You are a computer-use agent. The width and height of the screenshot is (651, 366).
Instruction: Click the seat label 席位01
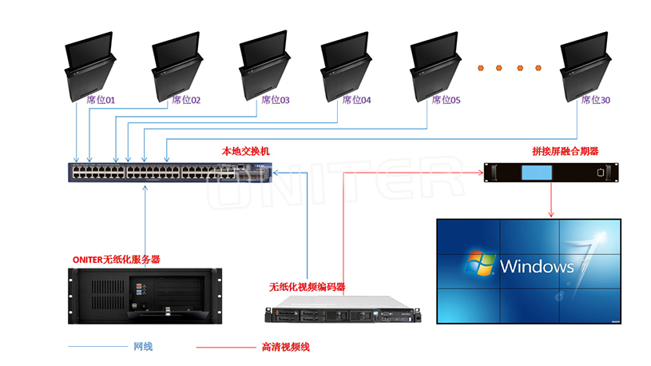click(101, 101)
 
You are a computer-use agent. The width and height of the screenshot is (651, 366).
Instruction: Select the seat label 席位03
click(275, 101)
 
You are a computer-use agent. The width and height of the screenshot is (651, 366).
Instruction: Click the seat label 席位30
click(595, 101)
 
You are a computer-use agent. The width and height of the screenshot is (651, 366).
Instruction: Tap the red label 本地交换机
click(246, 151)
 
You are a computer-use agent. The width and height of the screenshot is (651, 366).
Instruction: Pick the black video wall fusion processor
click(551, 173)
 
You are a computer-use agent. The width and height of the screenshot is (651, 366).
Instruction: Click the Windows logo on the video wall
click(478, 264)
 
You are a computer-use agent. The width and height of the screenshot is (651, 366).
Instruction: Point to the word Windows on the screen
click(536, 266)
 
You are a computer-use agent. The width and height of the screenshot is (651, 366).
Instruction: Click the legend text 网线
click(143, 346)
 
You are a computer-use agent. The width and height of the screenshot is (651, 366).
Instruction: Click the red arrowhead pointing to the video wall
click(551, 213)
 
